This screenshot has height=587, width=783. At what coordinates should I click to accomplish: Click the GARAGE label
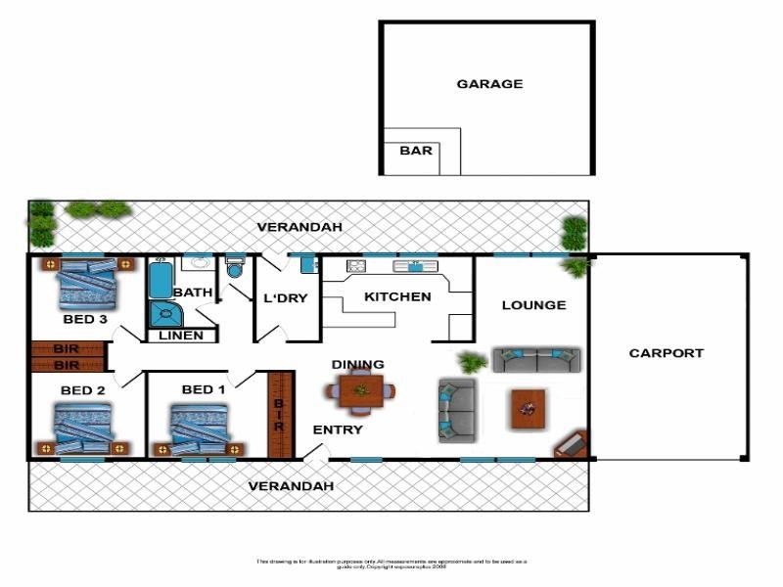coord(489,84)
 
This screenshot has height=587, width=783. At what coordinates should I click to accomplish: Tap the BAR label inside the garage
coord(416,152)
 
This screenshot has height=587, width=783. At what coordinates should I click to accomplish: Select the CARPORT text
coord(666,353)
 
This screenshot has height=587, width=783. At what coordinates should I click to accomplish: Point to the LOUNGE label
coord(533,305)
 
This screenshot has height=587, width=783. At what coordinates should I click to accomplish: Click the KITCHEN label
coord(397,296)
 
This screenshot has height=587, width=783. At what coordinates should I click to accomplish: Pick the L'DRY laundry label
coord(287,298)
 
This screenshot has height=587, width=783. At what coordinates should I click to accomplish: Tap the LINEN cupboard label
coord(181,336)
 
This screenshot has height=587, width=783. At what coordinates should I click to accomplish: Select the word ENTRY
coord(338,429)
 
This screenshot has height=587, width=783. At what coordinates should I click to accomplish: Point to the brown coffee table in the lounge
coord(528,409)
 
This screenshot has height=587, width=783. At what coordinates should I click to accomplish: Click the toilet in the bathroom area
coord(234,269)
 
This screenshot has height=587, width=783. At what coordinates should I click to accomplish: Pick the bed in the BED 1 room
coord(201,429)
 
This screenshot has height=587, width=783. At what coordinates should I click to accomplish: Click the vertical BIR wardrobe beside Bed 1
coord(279,414)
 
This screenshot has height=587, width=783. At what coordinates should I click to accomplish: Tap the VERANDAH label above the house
coord(299,227)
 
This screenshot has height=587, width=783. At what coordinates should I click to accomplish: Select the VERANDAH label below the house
coord(291,486)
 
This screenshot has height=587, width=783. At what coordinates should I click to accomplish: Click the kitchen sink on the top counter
coord(414,265)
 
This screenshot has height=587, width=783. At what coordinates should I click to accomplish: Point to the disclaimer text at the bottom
coord(391,564)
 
